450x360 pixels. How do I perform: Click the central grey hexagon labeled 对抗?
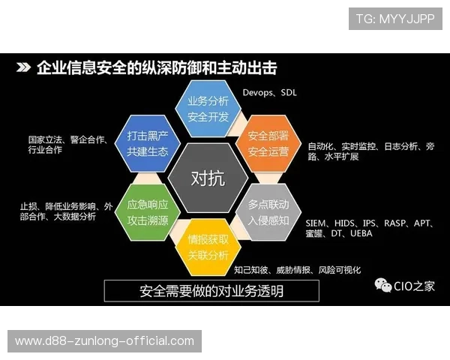click(207, 178)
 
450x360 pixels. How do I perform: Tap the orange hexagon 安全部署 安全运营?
click(268, 144)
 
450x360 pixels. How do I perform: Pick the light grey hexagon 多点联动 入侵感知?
click(268, 211)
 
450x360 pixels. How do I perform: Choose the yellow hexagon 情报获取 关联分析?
click(206, 247)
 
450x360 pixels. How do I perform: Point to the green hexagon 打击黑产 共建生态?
click(147, 144)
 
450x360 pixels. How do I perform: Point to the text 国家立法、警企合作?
click(67, 139)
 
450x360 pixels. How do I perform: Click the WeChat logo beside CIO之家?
click(383, 286)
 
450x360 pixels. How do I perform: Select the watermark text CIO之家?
click(414, 286)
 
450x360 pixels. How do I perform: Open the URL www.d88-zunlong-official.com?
click(104, 341)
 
